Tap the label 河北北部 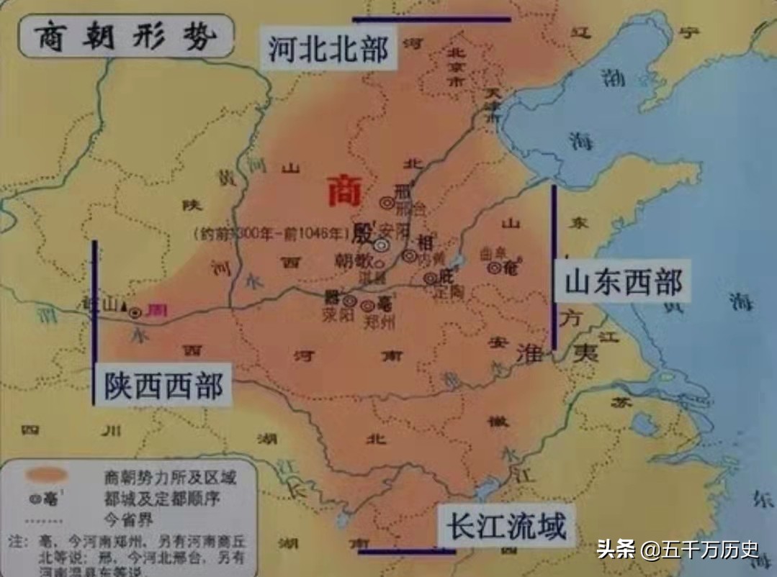click(x=328, y=50)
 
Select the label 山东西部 click(x=622, y=282)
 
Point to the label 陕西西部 click(x=163, y=386)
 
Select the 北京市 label click(x=454, y=65)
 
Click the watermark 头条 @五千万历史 click(x=677, y=551)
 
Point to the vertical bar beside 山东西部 click(x=554, y=267)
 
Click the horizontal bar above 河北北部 click(x=431, y=19)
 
